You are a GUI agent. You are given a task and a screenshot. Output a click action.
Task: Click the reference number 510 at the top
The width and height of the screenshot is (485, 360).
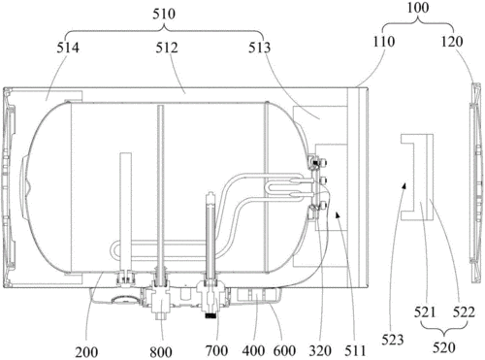tap(164, 14)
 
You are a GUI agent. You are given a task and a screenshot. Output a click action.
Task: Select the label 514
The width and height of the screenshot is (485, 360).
tap(68, 48)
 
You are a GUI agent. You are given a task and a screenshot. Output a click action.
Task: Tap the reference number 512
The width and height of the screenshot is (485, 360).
tap(167, 48)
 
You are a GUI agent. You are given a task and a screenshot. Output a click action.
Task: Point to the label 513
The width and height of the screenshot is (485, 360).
tap(259, 48)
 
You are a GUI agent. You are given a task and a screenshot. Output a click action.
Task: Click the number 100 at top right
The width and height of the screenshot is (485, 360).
tap(418, 8)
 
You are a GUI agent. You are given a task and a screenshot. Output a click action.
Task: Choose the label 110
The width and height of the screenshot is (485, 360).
tap(384, 42)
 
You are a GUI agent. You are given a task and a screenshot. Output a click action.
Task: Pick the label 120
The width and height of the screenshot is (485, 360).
tap(452, 42)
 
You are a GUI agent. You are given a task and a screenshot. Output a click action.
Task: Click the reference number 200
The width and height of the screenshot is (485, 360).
tap(86, 352)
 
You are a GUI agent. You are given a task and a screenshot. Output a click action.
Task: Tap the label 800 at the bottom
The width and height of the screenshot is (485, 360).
tap(161, 352)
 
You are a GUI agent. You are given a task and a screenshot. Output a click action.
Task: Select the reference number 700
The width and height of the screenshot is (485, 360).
tap(216, 350)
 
